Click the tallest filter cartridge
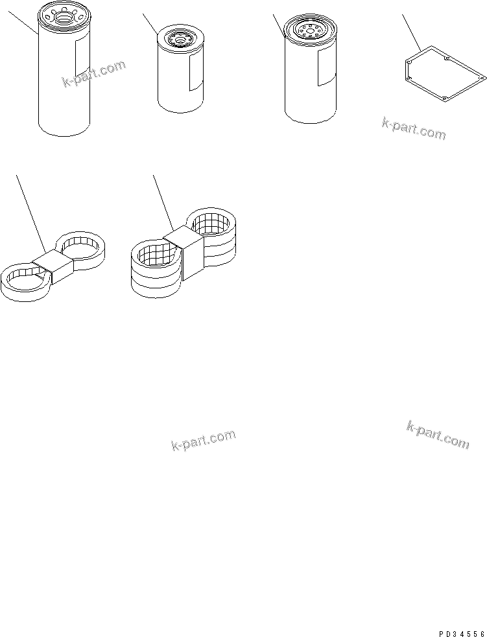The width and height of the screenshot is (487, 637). [64, 84]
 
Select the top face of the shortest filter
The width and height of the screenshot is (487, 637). [180, 41]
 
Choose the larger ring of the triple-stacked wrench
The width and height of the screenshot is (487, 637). [154, 262]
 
